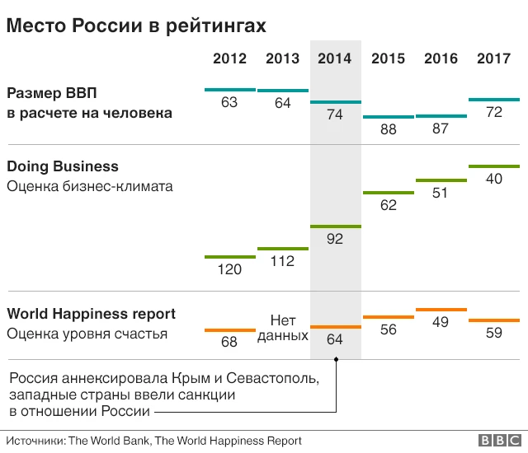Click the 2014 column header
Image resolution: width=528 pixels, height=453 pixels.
335,58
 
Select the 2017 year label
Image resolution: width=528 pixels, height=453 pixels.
493,58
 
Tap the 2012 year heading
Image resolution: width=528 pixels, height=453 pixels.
229,58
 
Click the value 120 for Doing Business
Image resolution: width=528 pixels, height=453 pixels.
229,269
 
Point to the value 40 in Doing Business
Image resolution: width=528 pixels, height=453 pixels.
494,178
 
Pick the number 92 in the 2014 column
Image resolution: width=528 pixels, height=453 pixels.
335,239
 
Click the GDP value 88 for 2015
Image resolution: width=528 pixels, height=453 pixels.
388,129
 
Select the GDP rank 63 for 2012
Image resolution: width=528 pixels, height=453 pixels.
229,102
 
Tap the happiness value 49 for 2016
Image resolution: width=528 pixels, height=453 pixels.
441,322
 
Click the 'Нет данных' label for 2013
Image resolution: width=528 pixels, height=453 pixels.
283,327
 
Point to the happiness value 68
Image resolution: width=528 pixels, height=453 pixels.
229,342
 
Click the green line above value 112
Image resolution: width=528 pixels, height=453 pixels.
283,249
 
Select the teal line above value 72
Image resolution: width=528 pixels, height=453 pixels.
494,100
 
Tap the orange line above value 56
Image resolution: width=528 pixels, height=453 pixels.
388,316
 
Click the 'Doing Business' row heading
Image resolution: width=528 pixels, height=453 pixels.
63,167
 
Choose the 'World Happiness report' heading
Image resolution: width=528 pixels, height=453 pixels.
91,314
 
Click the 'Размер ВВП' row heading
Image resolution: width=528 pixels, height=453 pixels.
57,92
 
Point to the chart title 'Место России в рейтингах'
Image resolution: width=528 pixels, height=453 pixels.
136,26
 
